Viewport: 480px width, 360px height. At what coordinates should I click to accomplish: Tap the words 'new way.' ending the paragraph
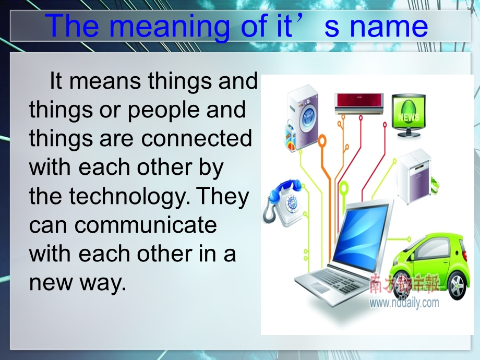point(78,283)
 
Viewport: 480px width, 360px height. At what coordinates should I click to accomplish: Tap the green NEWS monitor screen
point(408,112)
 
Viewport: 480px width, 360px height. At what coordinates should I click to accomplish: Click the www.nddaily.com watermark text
point(405,303)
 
